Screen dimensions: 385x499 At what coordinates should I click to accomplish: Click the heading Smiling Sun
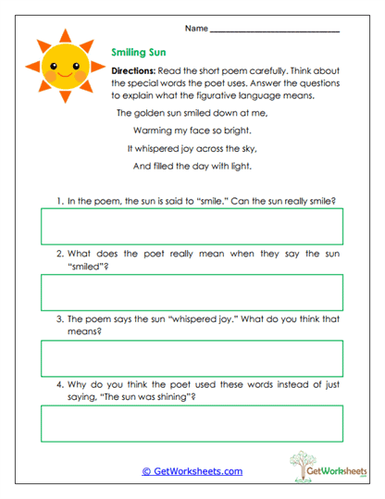click(x=139, y=54)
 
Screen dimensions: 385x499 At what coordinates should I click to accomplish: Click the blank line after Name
click(x=274, y=31)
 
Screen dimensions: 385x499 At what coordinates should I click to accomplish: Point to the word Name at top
click(x=195, y=29)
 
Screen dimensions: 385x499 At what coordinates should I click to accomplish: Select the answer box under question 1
click(x=191, y=225)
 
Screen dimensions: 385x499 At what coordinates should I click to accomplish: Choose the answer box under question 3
click(x=191, y=358)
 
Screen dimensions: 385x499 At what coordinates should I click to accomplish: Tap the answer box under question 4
click(x=191, y=424)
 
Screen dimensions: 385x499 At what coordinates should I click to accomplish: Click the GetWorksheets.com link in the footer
click(x=192, y=471)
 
